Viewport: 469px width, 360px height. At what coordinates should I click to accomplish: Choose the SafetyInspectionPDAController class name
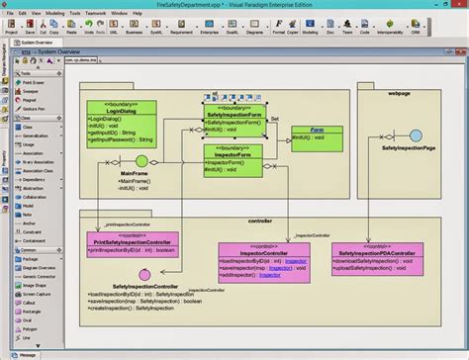[x=379, y=252]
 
